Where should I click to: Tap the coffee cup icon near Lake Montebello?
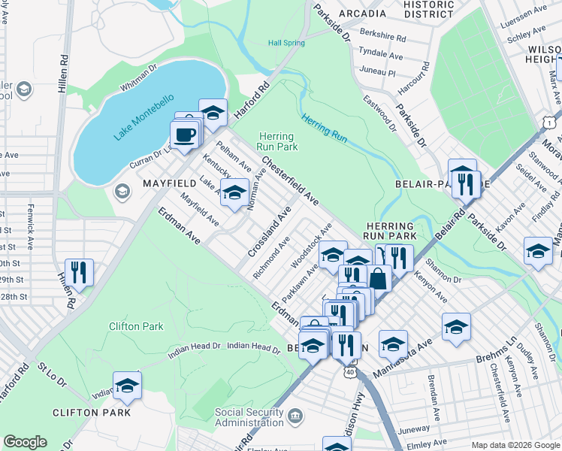184,135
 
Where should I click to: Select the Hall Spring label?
287,43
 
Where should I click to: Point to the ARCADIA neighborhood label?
363,14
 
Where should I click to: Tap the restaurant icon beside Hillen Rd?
78,271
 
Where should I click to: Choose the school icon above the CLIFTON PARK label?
127,385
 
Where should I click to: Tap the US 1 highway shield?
551,121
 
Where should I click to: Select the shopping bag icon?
379,278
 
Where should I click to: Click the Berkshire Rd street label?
382,36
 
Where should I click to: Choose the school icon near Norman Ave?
234,193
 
